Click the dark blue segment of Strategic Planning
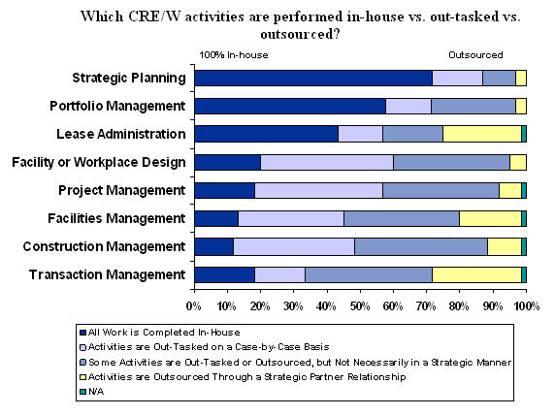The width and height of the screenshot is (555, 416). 313,78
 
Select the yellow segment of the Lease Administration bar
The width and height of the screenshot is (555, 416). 482,134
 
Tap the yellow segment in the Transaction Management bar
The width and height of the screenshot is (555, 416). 476,274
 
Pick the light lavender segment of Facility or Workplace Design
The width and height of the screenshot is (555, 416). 327,162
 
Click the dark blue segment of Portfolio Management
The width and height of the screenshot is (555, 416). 290,106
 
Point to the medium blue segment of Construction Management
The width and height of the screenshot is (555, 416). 421,247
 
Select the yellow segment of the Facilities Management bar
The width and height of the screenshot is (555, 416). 491,218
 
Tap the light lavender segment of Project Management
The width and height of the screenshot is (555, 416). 319,190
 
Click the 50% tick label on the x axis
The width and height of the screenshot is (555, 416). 360,306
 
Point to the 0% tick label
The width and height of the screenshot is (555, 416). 194,306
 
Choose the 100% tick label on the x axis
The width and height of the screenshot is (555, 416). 526,306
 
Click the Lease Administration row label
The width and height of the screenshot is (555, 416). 121,134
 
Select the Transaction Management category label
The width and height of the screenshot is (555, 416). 108,274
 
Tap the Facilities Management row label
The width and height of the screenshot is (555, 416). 116,218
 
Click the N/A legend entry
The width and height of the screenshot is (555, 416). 92,392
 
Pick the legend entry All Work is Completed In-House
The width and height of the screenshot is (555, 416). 160,333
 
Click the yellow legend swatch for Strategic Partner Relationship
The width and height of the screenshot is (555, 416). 83,377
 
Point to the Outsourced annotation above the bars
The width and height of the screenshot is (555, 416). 475,55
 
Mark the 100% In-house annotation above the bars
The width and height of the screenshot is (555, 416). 234,55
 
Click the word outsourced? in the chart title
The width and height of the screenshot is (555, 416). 300,34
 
